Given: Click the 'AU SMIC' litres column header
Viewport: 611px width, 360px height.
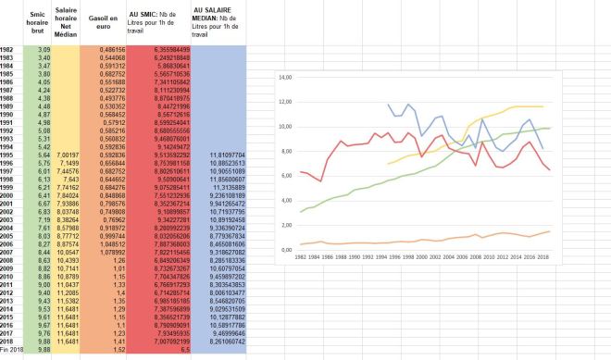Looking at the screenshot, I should tap(154, 21).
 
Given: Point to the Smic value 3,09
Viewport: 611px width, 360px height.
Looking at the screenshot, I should tap(38, 48).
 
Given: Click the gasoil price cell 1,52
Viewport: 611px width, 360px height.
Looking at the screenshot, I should tap(118, 350).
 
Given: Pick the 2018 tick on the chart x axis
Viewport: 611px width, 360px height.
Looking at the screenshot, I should tap(543, 258).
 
